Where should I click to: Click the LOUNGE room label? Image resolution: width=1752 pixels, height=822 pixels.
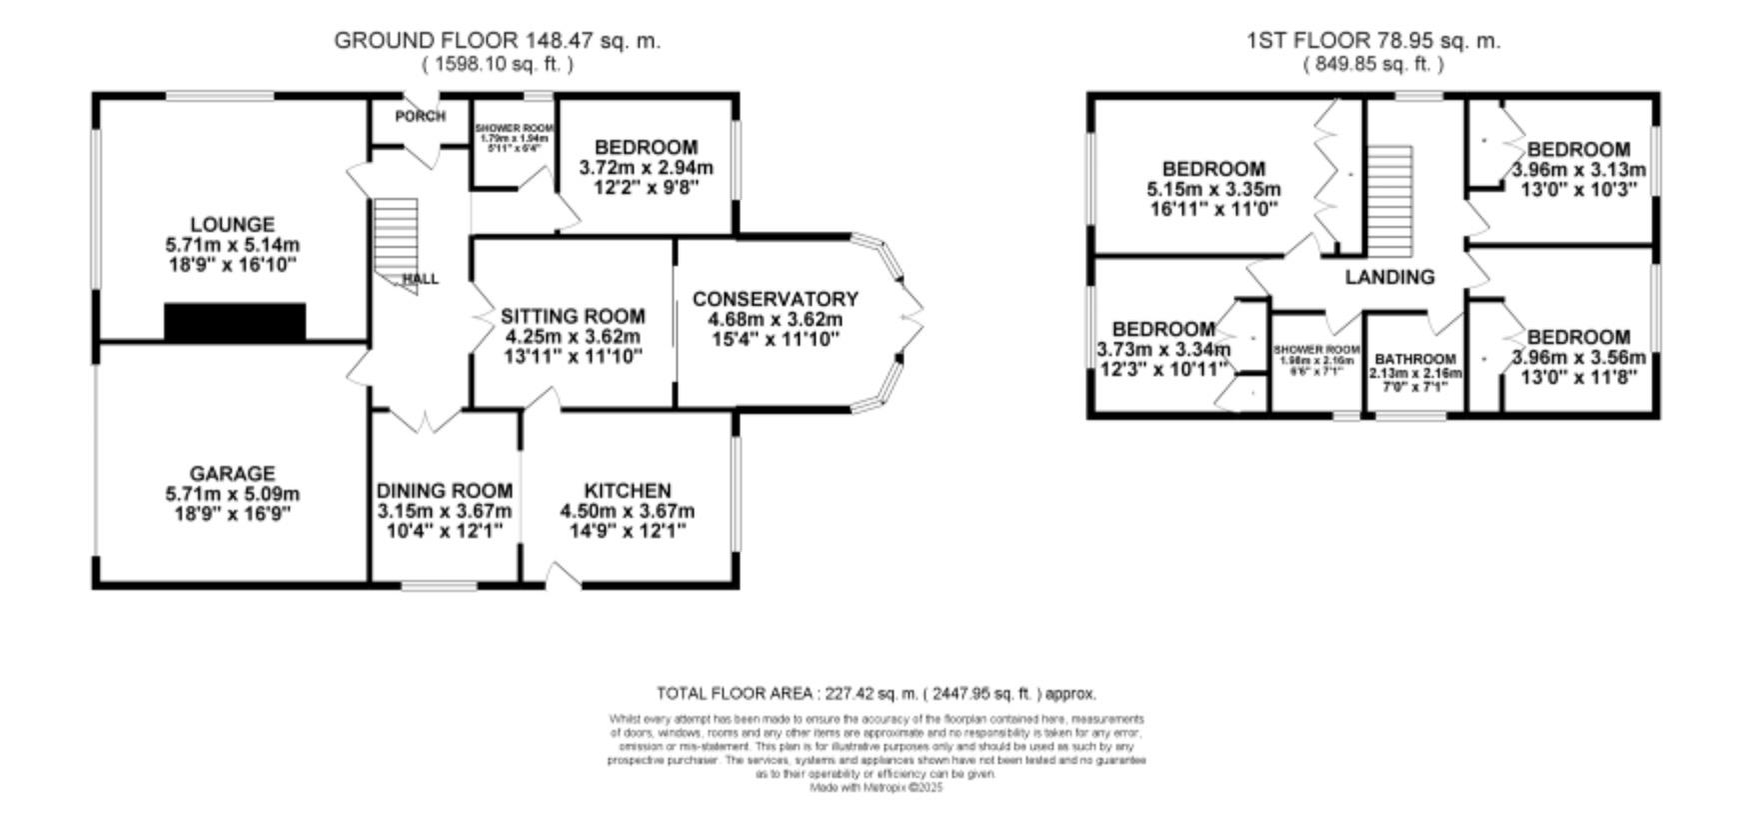click(233, 224)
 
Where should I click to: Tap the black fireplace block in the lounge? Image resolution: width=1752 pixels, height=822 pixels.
click(234, 322)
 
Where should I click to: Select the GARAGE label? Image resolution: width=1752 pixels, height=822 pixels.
click(233, 473)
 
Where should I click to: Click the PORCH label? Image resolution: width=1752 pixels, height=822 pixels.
click(420, 116)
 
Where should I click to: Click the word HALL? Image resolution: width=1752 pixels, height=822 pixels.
click(421, 279)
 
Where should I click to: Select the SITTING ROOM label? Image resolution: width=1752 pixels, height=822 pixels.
click(573, 316)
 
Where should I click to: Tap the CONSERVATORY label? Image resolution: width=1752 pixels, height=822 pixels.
click(775, 299)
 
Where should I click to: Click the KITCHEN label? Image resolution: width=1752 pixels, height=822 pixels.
click(627, 490)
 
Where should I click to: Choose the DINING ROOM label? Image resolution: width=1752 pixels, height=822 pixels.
click(444, 490)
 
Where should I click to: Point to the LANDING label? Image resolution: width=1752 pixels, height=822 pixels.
click(1389, 277)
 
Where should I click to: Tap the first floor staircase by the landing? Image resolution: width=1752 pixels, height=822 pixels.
click(1390, 199)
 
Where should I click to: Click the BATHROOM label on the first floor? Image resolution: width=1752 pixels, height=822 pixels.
click(1415, 359)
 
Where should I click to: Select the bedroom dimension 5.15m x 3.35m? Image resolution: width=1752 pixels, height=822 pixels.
click(1213, 189)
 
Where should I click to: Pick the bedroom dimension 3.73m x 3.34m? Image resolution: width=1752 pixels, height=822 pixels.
click(1162, 349)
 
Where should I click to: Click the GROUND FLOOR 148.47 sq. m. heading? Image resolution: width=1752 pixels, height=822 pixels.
click(497, 41)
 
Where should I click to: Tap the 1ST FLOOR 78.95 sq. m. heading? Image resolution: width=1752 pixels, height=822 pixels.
click(1373, 41)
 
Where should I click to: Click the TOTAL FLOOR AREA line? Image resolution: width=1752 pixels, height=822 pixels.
click(876, 693)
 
